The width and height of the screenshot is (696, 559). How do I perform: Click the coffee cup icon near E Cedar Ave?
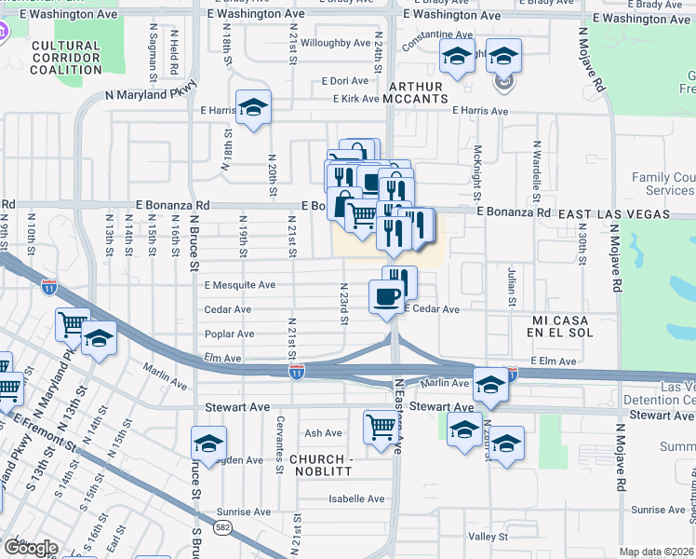coord(387,297)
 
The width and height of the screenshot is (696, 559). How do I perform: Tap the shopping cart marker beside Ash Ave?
coord(381,427)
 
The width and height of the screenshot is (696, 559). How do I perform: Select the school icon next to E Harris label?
coord(253,108)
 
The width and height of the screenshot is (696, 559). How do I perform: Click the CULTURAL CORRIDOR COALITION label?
coord(65,57)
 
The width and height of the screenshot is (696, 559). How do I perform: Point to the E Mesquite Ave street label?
coord(240,285)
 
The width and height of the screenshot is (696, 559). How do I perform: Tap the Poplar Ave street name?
coord(230,334)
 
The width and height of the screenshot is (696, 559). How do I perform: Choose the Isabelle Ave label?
coord(356,498)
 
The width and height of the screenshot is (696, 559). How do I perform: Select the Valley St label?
coord(488,537)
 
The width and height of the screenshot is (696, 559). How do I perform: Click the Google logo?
coord(31,548)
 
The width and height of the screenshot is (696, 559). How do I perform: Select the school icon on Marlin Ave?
coord(490,383)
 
